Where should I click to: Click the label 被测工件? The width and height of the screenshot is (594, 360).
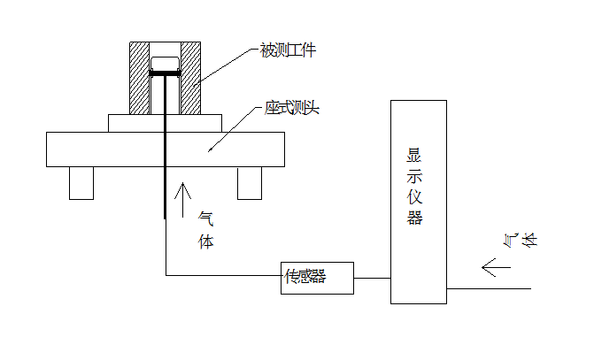click(x=285, y=50)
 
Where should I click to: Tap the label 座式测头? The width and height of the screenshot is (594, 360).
click(x=291, y=109)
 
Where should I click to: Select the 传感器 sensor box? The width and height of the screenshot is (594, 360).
click(x=316, y=278)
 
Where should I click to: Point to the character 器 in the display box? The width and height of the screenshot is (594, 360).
click(x=414, y=218)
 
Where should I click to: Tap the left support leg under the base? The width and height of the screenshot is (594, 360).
click(x=81, y=182)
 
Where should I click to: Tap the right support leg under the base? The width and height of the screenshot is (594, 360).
click(x=250, y=182)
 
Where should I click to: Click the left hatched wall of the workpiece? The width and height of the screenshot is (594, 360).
click(x=140, y=78)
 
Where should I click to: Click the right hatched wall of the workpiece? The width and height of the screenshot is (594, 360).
click(x=191, y=78)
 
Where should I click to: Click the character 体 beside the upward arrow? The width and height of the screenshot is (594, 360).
click(x=204, y=241)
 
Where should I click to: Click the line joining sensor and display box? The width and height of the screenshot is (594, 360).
click(x=372, y=278)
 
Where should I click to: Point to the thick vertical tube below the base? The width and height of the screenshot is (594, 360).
click(x=166, y=190)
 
